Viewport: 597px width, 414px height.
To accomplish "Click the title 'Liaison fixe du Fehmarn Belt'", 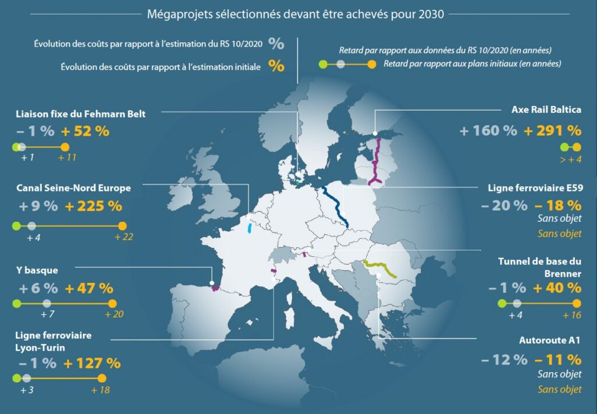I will pyautogui.click(x=81, y=114).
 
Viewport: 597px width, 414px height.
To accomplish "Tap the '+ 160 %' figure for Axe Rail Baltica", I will pyautogui.click(x=488, y=130).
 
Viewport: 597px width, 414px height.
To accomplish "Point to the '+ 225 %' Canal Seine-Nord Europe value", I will pyautogui.click(x=93, y=206).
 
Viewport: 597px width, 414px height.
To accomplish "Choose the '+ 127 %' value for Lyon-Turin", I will pyautogui.click(x=92, y=363).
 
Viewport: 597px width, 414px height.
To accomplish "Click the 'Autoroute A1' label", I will pyautogui.click(x=550, y=341).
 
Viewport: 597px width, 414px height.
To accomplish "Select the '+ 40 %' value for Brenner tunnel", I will pyautogui.click(x=557, y=288).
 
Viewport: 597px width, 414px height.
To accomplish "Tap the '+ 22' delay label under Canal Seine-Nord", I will pyautogui.click(x=125, y=238).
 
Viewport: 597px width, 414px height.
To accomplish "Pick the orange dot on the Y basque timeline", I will pyautogui.click(x=113, y=303).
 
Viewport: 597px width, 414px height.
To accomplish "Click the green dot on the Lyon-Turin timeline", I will pyautogui.click(x=16, y=378).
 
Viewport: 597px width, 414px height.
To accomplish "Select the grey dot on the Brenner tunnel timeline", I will pyautogui.click(x=517, y=303).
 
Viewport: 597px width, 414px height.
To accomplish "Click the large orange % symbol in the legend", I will pyautogui.click(x=276, y=66).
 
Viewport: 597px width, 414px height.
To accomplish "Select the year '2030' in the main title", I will pyautogui.click(x=432, y=14).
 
